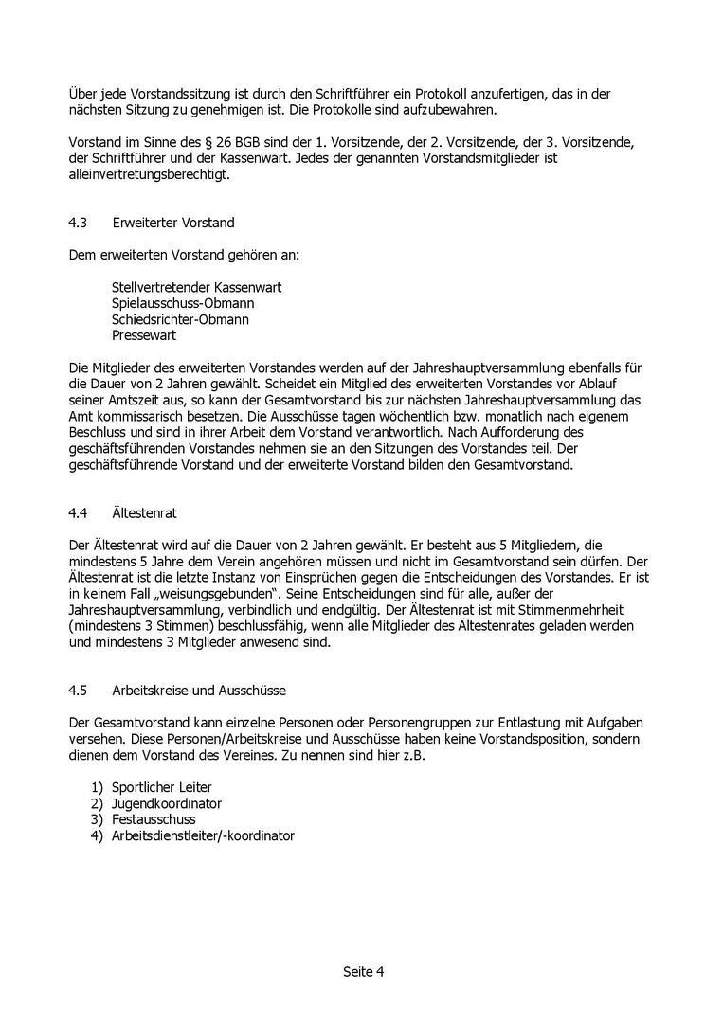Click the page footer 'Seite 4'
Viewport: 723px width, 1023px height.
coord(363,971)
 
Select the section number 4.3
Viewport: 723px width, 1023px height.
coord(78,223)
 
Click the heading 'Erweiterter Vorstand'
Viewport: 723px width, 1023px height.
coord(172,223)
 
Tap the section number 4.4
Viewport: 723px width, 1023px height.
coord(78,512)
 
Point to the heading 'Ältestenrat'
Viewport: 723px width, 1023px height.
coord(144,512)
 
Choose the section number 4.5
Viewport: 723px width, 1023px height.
coord(78,690)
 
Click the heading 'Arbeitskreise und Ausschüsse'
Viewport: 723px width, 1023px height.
coord(198,690)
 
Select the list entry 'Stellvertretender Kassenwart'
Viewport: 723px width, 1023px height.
coord(196,287)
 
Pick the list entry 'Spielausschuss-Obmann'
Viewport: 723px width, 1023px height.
coord(182,303)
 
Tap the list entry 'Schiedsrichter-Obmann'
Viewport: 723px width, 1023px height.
coord(180,319)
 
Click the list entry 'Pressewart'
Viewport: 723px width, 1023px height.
coord(143,335)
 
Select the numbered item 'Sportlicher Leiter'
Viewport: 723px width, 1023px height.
coord(161,787)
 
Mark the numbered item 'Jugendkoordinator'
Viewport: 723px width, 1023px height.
coord(166,803)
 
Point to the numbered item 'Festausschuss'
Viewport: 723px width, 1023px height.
coord(154,819)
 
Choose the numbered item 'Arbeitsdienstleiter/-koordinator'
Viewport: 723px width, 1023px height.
coord(203,835)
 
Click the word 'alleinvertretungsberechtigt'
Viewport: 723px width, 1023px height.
coord(149,174)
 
